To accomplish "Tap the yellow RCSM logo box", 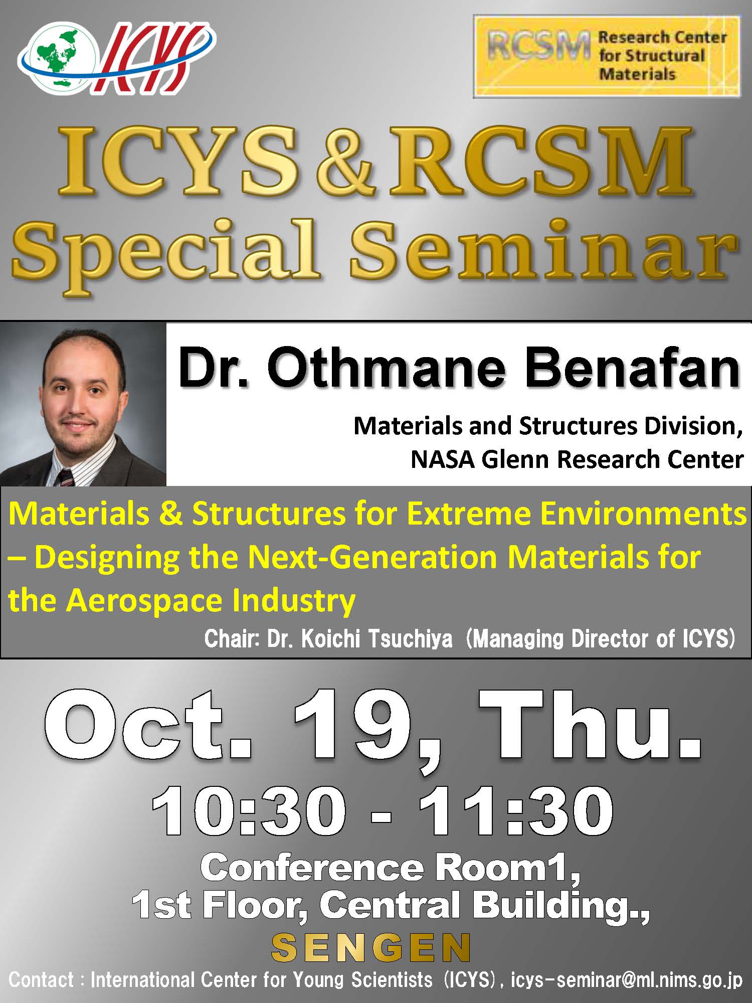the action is coord(607,56).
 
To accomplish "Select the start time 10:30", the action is coord(249,811).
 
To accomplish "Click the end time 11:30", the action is coord(516,811).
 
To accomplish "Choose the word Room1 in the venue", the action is coord(507,868).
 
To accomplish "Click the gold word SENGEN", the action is coord(371,947).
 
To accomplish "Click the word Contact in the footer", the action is coord(42,979).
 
